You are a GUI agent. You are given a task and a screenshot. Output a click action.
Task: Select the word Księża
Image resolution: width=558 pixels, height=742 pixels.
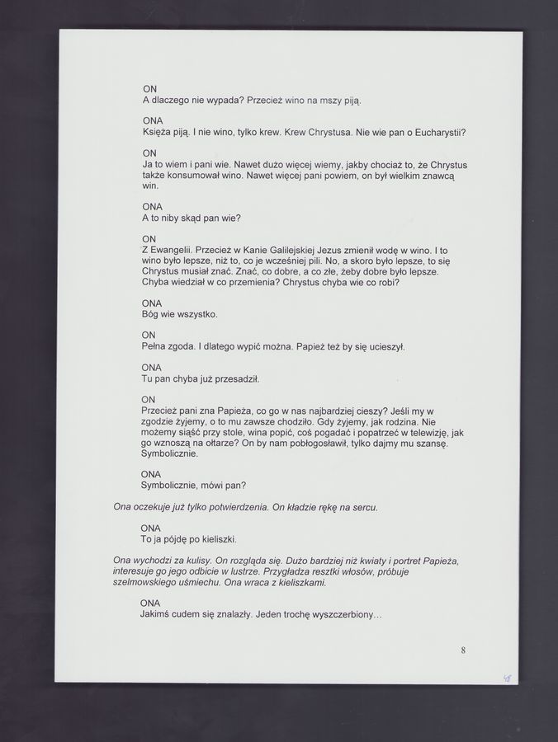point(158,133)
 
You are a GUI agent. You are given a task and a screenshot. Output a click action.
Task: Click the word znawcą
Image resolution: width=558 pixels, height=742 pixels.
point(447,176)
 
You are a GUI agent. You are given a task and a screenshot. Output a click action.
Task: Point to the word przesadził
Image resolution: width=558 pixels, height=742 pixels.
point(237,378)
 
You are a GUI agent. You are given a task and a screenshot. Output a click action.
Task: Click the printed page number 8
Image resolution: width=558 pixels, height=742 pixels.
point(463,650)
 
